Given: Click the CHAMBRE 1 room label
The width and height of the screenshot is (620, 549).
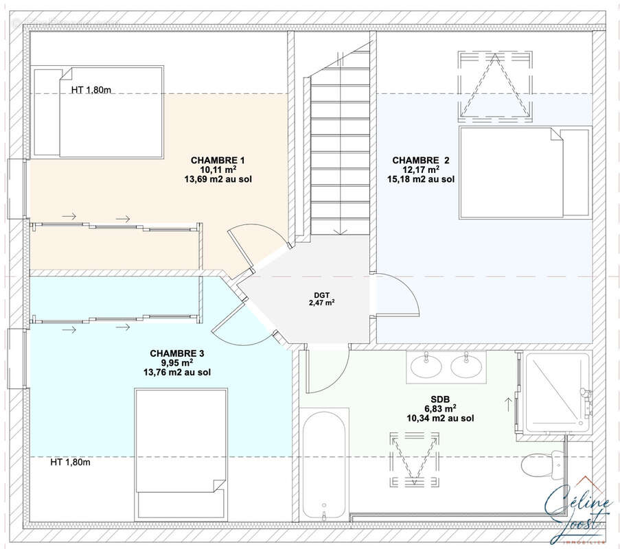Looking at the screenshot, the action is click(218, 160).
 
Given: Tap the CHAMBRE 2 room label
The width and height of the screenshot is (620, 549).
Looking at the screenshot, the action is click(421, 160).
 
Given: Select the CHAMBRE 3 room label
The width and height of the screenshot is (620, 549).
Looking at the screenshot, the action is click(176, 353).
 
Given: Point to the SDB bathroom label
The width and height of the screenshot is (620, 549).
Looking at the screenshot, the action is click(440, 399).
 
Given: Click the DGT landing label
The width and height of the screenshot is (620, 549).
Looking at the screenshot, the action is click(321, 295).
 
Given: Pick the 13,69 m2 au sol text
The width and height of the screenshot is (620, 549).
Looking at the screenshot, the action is click(218, 179).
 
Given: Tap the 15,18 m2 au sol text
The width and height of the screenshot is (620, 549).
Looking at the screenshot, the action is click(421, 179).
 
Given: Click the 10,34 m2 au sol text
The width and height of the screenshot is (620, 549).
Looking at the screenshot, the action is click(440, 418).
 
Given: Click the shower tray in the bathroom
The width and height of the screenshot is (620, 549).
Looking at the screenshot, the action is click(558, 391).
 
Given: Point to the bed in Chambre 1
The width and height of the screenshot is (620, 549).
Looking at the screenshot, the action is click(97, 113).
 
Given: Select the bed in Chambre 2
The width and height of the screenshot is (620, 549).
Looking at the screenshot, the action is click(525, 172).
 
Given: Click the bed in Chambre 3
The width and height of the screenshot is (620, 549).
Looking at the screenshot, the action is click(181, 454).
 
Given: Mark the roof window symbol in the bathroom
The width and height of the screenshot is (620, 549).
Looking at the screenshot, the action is click(415, 459).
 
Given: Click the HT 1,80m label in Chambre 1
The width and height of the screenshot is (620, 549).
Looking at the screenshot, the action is click(91, 90).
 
